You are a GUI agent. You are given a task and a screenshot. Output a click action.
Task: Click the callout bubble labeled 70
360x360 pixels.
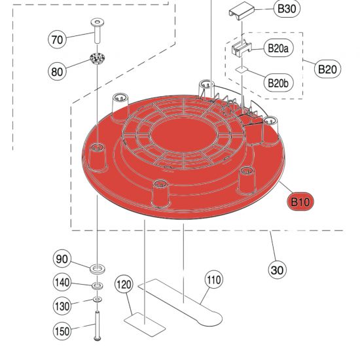tap(58, 40)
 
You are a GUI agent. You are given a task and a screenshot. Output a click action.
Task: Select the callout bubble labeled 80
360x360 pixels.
tap(58, 70)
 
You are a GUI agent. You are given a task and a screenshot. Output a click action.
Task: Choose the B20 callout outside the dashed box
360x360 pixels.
tap(327, 68)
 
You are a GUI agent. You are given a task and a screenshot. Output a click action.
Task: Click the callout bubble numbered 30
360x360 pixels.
tap(278, 269)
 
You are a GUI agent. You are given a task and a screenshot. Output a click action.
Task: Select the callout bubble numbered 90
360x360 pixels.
tap(62, 259)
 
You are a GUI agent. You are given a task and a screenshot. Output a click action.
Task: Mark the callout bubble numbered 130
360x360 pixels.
tap(62, 306)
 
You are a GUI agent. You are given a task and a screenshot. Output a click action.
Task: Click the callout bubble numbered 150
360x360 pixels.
tap(62, 331)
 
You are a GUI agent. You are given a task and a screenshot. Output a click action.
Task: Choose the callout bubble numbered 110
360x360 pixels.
tap(213, 280)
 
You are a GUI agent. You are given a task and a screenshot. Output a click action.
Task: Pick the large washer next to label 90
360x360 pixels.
tap(98, 268)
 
